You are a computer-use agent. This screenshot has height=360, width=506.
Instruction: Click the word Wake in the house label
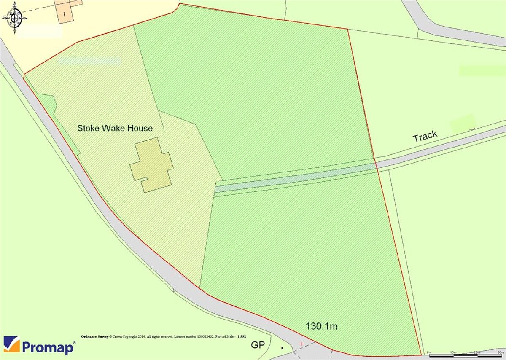[x=110, y=128]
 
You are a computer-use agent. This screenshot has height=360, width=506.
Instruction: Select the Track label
[x=425, y=137]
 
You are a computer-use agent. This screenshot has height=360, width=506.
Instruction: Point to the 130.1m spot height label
[x=322, y=326]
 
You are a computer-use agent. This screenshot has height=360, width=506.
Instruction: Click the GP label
[x=258, y=345]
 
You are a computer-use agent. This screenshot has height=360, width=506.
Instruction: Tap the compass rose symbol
[x=15, y=18]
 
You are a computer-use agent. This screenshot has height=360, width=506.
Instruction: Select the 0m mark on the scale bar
[x=429, y=352]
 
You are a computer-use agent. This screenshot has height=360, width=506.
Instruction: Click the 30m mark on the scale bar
[x=501, y=352]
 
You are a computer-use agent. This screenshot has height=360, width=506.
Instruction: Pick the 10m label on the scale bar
[x=453, y=352]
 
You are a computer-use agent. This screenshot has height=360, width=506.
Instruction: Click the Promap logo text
[x=48, y=347]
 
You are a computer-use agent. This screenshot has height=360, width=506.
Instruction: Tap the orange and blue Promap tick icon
[x=11, y=344]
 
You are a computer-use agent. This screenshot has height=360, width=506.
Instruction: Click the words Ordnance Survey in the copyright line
[x=94, y=336]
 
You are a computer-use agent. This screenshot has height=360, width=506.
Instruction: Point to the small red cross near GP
[x=301, y=344]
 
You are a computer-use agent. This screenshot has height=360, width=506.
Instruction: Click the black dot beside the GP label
[x=282, y=348]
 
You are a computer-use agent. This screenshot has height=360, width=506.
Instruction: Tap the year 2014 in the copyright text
[x=140, y=336]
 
